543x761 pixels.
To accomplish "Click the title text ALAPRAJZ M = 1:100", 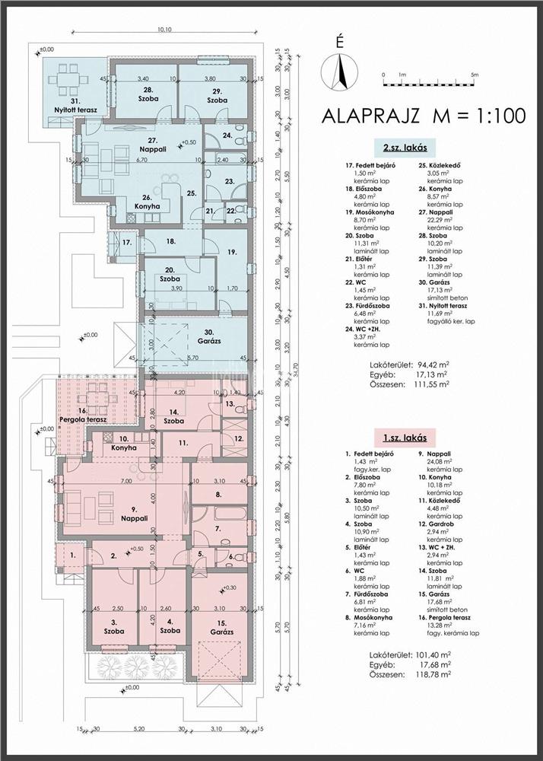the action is click(424, 116).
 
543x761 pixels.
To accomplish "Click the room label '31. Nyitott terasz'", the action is click(75, 105).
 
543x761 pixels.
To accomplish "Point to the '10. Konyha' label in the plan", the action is click(123, 444).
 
